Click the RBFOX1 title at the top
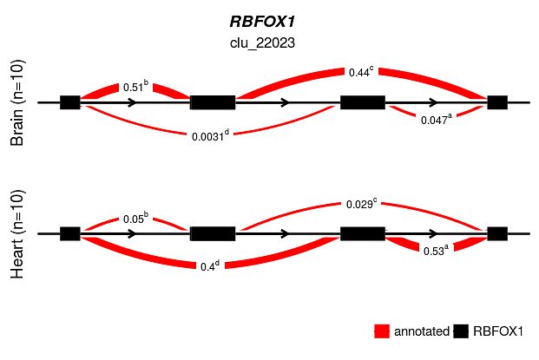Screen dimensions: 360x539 click(269, 23)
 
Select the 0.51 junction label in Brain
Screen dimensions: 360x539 click(135, 86)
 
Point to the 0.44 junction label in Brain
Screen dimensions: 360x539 click(361, 73)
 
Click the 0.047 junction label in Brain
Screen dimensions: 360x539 click(435, 121)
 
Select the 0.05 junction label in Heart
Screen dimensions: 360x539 click(135, 219)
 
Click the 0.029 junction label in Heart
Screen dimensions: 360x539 click(362, 203)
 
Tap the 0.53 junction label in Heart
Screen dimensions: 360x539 click(434, 251)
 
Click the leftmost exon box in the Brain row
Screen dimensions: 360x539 click(70, 102)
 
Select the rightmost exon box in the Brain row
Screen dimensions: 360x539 click(497, 102)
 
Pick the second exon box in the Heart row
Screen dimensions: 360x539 click(213, 233)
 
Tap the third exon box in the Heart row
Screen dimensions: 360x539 click(363, 233)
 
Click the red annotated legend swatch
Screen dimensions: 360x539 click(382, 331)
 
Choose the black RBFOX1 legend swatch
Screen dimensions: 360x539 click(461, 331)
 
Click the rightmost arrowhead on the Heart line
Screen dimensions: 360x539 click(432, 233)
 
